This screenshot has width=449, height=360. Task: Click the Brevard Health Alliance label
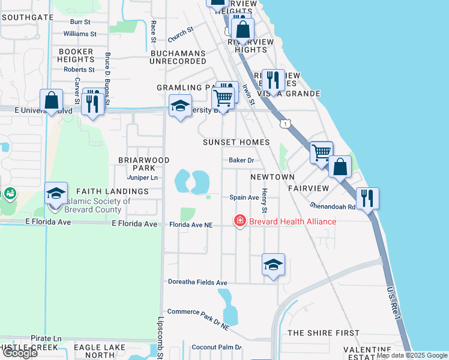293,221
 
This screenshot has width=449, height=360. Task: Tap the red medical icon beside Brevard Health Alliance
240,221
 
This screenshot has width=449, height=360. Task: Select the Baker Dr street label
241,160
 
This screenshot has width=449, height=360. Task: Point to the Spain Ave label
244,197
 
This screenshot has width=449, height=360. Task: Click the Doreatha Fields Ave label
197,282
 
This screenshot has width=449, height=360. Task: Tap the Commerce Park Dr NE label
198,319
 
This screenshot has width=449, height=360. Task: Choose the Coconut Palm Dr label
216,347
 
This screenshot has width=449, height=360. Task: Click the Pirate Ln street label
46,339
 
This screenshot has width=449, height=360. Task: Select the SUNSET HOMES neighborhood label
236,142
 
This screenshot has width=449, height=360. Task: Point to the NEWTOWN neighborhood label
273,177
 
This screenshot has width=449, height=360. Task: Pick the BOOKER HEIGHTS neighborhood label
76,56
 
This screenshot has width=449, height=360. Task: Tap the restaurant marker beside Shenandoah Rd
367,198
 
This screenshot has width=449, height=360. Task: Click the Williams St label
79,34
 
